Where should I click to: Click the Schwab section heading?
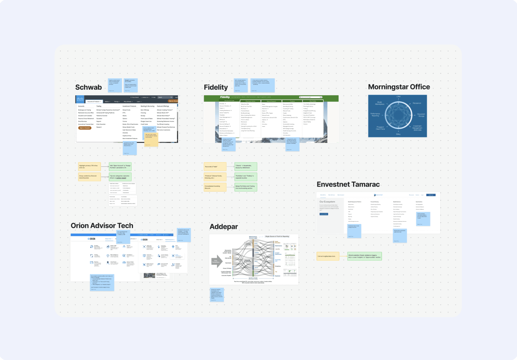point(88,87)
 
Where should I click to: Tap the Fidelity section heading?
point(216,87)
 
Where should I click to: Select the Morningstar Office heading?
point(399,87)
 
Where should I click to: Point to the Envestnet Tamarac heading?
point(348,185)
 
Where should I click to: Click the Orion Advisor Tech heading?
point(102,226)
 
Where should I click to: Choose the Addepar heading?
point(224,227)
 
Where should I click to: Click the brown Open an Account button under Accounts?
point(85,128)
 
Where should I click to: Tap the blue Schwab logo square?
point(80,99)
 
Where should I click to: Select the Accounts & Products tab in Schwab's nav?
point(94,102)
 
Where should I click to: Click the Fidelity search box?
point(311,97)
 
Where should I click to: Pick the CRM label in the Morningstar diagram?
point(398,97)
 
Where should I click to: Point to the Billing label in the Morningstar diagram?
point(398,134)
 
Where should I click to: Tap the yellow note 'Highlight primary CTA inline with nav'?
point(89,167)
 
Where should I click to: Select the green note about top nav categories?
point(120,177)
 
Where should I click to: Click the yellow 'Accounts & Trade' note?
point(215,167)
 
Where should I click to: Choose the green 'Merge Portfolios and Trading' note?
point(245,187)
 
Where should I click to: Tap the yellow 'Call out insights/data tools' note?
point(328,256)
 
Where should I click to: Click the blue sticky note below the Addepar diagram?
point(217,295)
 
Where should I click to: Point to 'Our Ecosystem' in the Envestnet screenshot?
point(327,202)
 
